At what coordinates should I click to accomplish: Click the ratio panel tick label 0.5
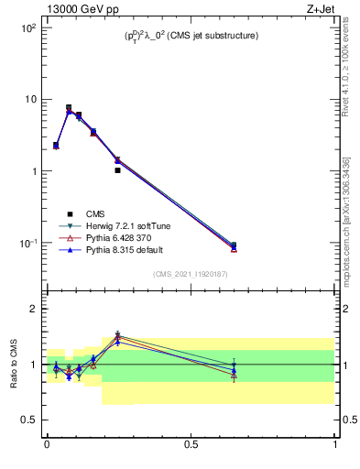28,420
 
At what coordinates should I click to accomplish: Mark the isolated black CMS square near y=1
118,170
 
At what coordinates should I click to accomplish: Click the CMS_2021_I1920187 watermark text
191,273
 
